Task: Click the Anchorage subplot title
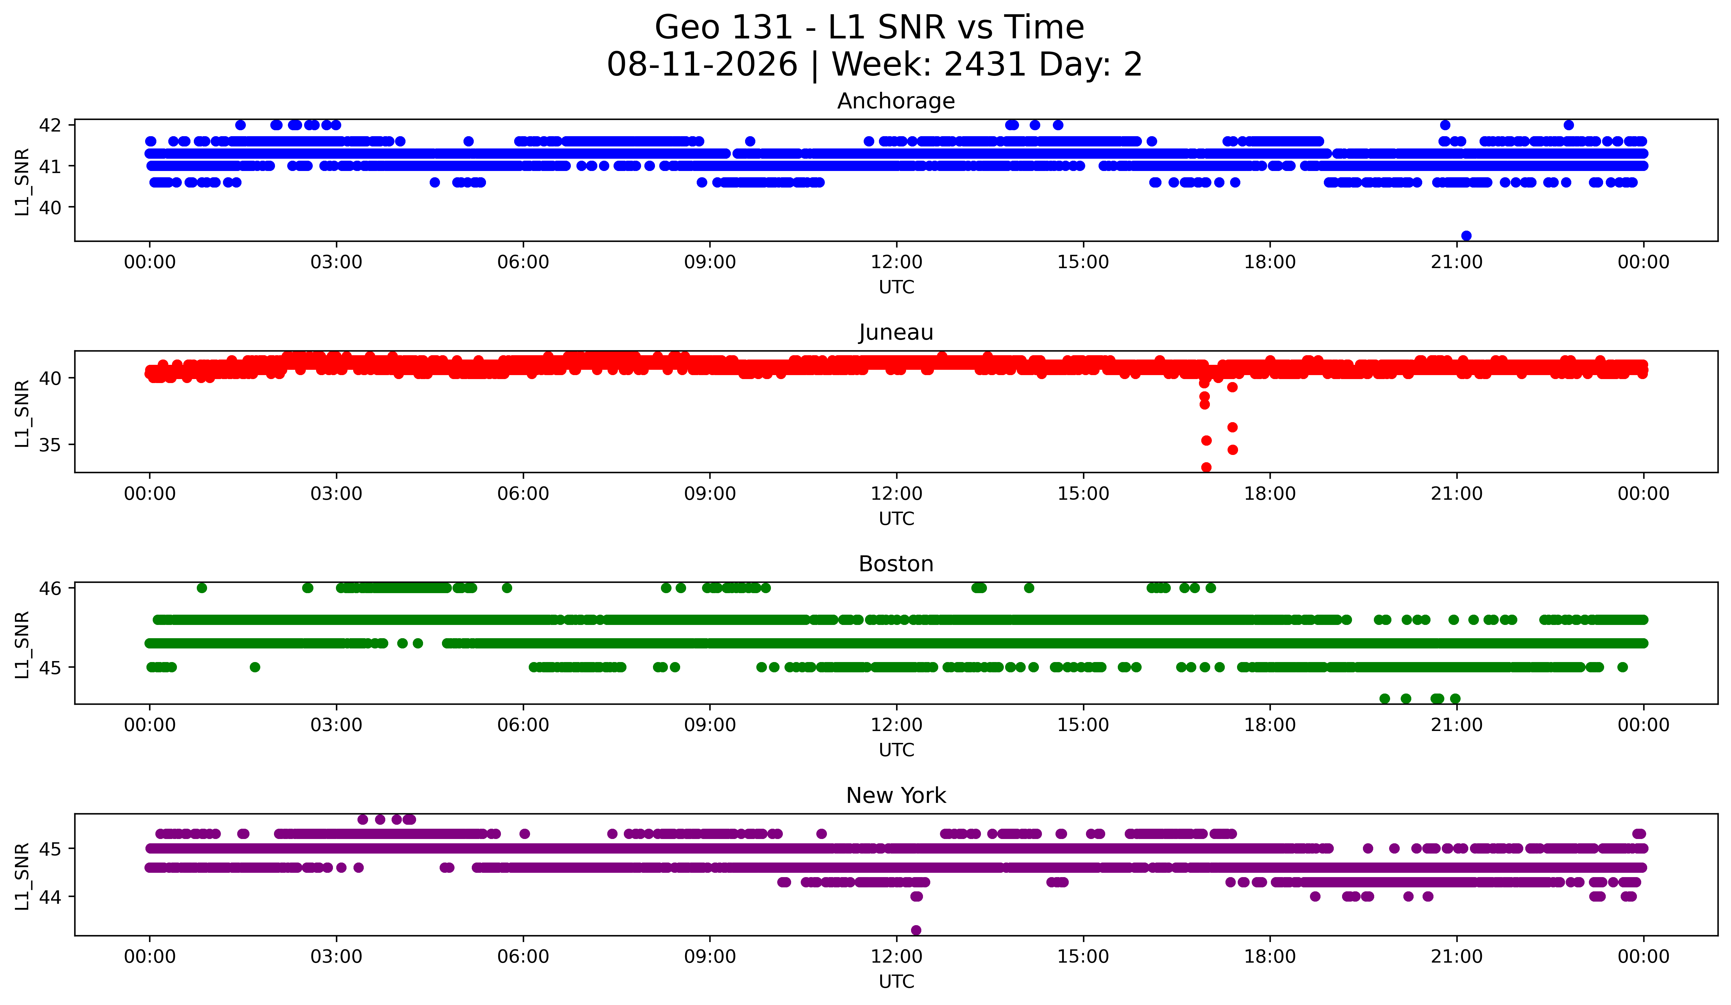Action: click(896, 101)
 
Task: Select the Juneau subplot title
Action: click(896, 332)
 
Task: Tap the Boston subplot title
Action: click(896, 564)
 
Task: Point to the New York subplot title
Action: click(896, 796)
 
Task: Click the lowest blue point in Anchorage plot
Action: click(1466, 236)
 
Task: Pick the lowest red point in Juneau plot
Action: click(1206, 467)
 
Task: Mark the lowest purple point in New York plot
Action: click(916, 930)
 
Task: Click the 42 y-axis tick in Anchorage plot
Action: click(50, 125)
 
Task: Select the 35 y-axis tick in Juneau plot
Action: click(50, 445)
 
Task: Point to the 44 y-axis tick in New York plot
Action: click(50, 896)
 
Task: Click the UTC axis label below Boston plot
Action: click(896, 750)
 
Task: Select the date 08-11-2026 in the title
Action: click(702, 65)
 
